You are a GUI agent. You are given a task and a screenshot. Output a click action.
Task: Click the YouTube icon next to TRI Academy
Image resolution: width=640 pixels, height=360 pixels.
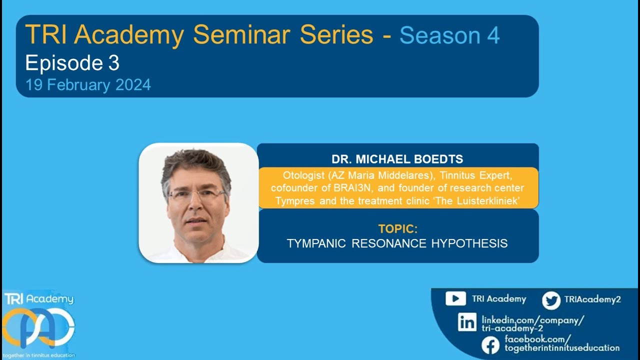pos(455,299)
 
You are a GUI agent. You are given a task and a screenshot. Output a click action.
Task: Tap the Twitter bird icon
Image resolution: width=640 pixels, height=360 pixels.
pos(551,300)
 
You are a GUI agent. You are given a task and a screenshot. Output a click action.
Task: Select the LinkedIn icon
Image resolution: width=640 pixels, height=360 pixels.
pos(467,322)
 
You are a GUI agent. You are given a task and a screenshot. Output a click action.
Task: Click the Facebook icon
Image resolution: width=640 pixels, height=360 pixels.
pos(490,345)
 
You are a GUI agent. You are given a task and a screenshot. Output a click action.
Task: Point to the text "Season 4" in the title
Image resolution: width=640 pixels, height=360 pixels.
pos(449,35)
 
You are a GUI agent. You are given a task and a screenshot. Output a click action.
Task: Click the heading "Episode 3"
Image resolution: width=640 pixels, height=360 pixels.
pos(72,63)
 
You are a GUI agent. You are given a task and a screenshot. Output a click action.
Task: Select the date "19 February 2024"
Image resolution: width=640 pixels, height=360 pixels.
pos(88,85)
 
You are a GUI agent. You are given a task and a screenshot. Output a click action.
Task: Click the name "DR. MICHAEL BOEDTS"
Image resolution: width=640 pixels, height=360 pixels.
pos(397,159)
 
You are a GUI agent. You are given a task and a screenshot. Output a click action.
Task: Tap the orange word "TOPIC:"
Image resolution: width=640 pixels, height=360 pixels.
pos(397,229)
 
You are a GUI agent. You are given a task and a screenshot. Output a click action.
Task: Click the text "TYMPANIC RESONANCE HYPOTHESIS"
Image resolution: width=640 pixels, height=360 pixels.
pos(397,243)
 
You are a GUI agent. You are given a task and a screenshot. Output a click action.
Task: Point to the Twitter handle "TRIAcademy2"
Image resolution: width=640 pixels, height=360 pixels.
pos(592,299)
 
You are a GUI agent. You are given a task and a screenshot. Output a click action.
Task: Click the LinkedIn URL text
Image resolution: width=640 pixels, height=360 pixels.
pos(532,323)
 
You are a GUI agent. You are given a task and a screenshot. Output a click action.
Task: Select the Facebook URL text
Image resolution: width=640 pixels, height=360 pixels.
pos(561,343)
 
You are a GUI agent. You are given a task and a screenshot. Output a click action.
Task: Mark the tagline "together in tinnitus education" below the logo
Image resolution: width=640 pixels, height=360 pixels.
pos(38,355)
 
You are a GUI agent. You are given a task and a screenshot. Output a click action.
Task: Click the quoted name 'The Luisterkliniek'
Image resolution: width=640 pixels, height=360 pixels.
pos(480,201)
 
